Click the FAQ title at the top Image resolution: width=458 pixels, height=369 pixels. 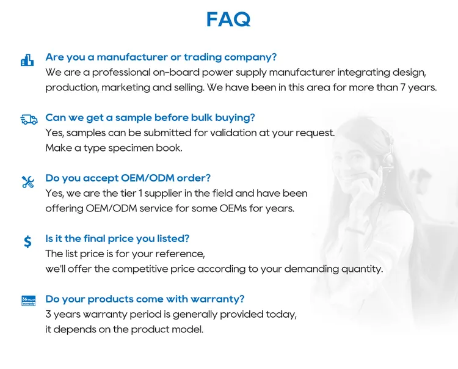click(228, 20)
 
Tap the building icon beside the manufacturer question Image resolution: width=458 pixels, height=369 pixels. click(27, 60)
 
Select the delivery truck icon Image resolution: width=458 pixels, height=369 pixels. click(29, 120)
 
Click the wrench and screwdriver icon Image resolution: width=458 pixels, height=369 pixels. click(28, 182)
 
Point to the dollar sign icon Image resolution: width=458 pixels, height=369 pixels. click(27, 241)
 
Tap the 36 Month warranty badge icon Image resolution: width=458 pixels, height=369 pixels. click(28, 301)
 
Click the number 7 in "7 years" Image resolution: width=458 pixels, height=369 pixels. click(402, 87)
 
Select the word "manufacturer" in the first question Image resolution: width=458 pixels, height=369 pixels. click(133, 57)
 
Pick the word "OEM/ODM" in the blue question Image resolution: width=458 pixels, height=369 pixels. click(148, 178)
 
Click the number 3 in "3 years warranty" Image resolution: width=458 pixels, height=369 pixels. click(48, 315)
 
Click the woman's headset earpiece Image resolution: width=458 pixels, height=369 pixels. click(388, 158)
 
